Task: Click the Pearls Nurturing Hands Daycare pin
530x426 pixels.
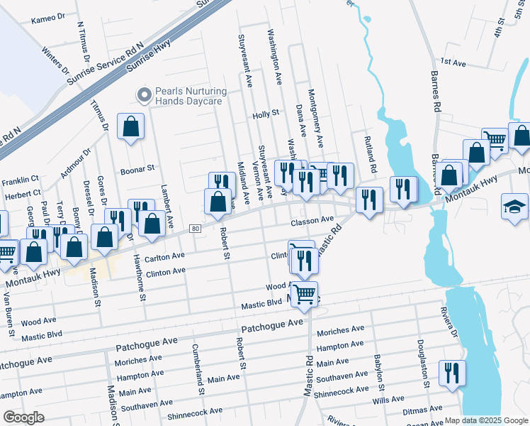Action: click(145, 95)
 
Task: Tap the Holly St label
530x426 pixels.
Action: click(266, 114)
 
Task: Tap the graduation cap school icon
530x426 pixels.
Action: click(514, 207)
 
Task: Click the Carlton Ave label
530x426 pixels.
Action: click(164, 256)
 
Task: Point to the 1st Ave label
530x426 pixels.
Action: click(453, 63)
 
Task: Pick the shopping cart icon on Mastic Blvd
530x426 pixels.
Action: click(305, 293)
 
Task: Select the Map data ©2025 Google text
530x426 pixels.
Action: click(486, 420)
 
